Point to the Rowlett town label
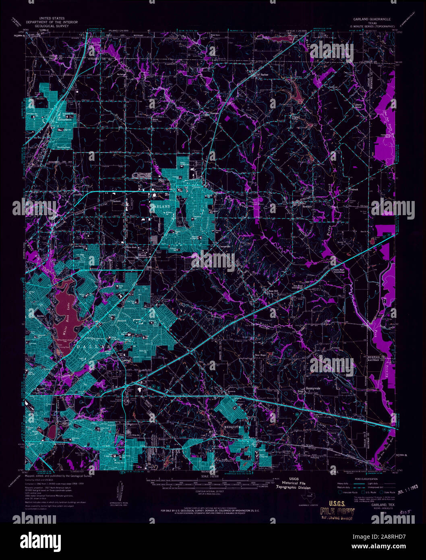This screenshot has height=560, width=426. point(307,206)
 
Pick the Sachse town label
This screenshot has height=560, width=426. point(264,75)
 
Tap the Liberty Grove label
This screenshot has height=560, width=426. point(358,106)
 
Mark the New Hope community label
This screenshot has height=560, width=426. point(260,355)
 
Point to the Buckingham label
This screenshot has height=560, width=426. point(64,147)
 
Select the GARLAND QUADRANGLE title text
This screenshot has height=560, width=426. point(372,19)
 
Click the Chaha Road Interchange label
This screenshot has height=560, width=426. point(339,271)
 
